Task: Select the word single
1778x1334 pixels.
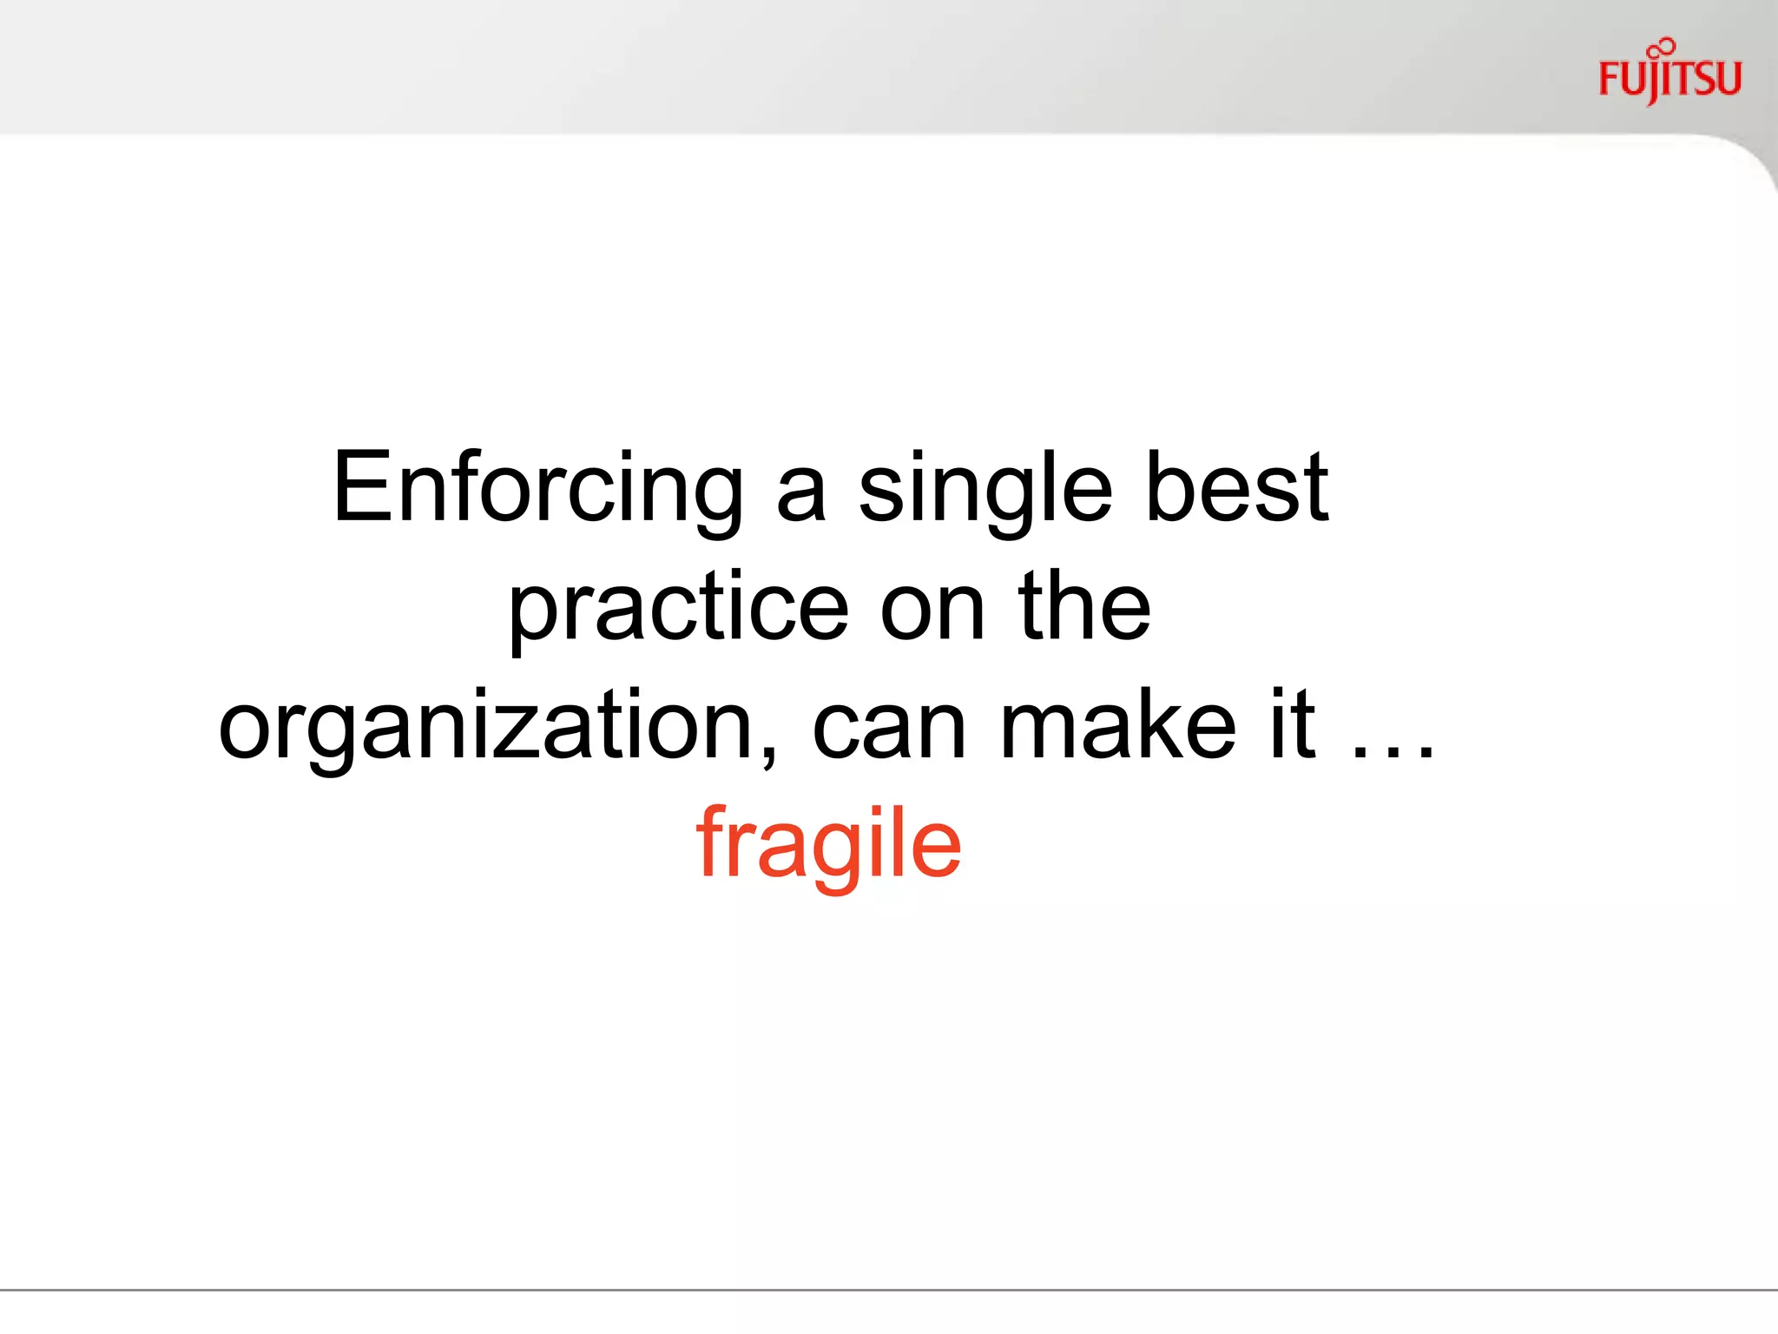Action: click(985, 492)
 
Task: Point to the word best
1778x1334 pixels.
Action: click(1237, 488)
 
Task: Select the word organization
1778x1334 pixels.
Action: click(486, 728)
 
